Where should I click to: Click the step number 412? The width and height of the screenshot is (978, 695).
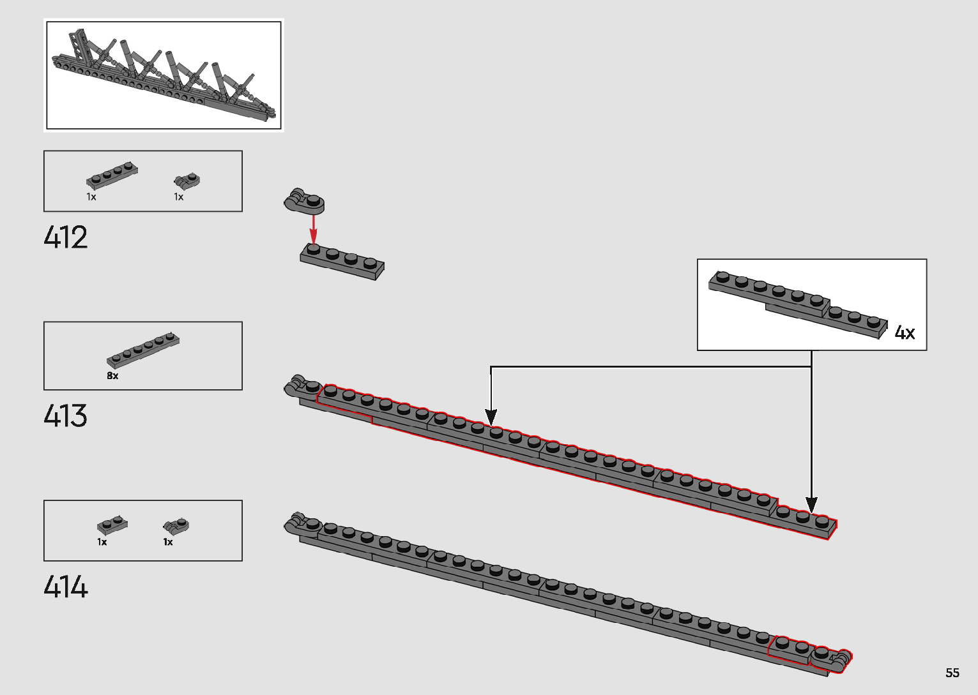[66, 237]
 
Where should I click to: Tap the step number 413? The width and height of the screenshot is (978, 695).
[66, 416]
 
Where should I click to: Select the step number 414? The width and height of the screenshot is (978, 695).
[66, 587]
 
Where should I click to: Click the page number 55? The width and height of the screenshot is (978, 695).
[952, 673]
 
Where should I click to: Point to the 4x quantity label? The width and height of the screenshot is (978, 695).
[905, 333]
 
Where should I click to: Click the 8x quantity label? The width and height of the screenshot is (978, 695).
[112, 376]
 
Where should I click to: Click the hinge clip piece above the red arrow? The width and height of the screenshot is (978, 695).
[305, 201]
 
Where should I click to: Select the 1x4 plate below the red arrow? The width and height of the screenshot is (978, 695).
[342, 260]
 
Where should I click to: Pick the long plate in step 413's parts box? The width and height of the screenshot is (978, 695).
[143, 350]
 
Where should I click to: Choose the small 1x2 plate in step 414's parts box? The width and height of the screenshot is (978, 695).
[112, 525]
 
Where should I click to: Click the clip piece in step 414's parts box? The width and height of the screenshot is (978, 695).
[176, 527]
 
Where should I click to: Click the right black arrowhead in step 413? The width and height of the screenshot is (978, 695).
[811, 505]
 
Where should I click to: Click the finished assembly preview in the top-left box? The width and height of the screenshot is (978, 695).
[164, 75]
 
